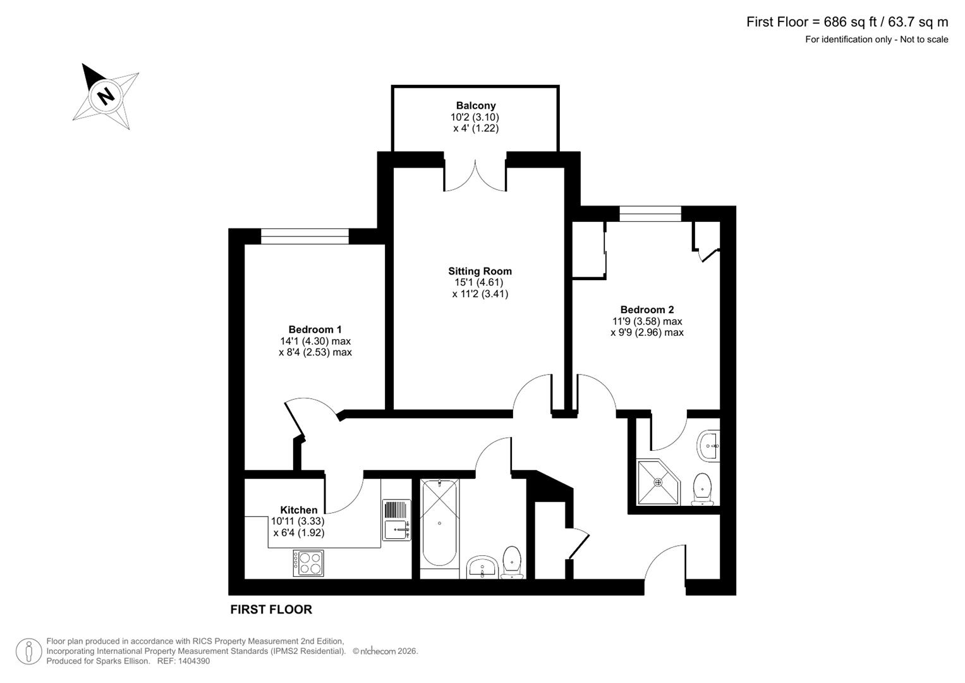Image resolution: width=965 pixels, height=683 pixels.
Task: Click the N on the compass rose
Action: coord(106,96)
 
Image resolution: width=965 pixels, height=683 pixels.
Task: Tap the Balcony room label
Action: coord(476,106)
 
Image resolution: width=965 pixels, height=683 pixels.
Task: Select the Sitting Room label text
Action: coord(480,271)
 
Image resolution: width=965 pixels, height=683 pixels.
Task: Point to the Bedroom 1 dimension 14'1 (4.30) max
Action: coord(315,341)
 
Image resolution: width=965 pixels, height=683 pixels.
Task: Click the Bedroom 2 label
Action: coord(646,310)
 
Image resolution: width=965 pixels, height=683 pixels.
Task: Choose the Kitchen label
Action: coord(299,510)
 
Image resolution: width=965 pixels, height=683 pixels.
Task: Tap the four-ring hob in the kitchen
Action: coord(308,563)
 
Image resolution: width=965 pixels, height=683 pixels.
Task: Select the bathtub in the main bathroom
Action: coord(439,524)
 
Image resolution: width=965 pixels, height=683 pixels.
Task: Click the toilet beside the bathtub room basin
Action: coord(513,562)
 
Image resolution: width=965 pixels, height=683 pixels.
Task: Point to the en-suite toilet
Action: coord(703,489)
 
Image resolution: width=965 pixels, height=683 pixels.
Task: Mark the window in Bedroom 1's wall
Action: coord(305,237)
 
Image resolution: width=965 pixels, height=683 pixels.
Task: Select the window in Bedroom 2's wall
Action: coord(650,214)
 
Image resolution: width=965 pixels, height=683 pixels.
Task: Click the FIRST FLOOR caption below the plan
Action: coord(271,610)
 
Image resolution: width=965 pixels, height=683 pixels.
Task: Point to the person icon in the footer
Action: coord(29,651)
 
